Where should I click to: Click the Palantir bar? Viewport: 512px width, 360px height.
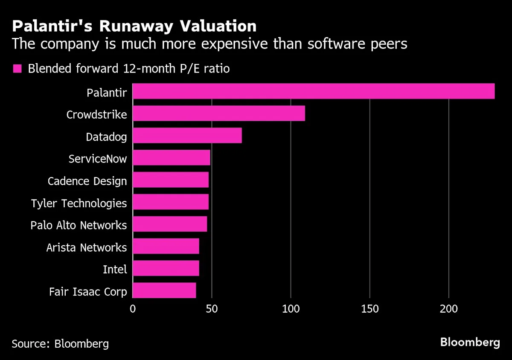pos(314,91)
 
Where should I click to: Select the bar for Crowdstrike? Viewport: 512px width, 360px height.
pos(219,113)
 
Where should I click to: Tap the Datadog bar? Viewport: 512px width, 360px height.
pos(187,136)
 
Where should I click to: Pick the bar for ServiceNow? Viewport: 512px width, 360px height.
pos(172,158)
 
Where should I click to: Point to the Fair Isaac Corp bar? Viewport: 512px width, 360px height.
pos(164,290)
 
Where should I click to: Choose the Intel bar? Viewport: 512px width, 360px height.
pos(166,268)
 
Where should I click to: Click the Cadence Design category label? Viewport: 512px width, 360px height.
pos(87,181)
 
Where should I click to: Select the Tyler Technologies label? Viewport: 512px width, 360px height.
pos(79,203)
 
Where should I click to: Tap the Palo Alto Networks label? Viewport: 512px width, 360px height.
pos(79,225)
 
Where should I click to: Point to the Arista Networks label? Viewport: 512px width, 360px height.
pos(87,247)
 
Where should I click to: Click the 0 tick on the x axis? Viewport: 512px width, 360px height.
pos(133,309)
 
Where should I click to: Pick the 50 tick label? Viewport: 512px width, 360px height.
pos(212,309)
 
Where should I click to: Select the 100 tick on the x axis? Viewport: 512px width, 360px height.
pos(291,309)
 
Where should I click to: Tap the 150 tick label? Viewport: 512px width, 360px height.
pos(369,309)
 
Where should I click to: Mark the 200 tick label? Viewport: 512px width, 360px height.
pos(449,309)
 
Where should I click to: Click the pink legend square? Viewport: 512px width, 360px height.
pos(17,69)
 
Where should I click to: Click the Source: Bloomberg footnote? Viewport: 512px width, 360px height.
pos(60,343)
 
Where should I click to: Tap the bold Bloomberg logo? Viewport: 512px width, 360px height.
pos(470,342)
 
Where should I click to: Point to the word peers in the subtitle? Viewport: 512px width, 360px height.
pos(387,44)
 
